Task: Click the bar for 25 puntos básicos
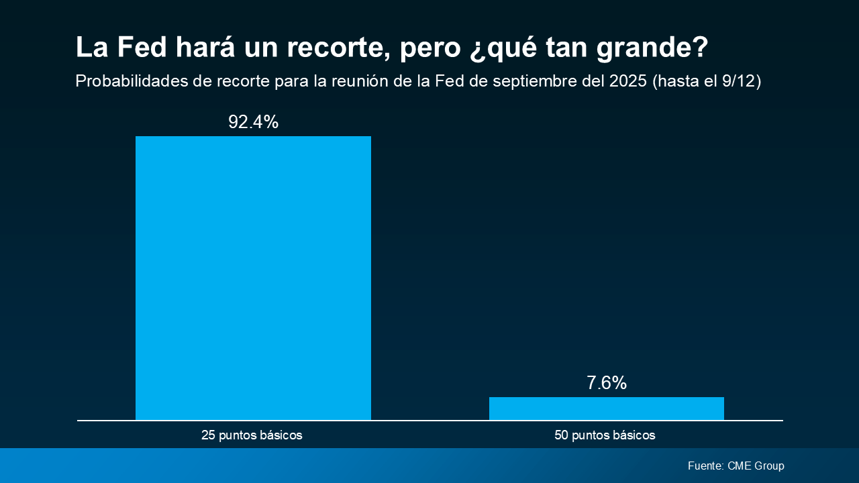coord(253,278)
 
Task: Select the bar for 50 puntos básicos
coord(606,409)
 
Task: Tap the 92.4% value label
coord(253,122)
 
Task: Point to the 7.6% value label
coord(606,383)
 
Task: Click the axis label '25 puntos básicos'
coord(252,435)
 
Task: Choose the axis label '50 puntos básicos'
coord(605,435)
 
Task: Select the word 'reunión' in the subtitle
coord(367,81)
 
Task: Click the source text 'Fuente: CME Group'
coord(736,466)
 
